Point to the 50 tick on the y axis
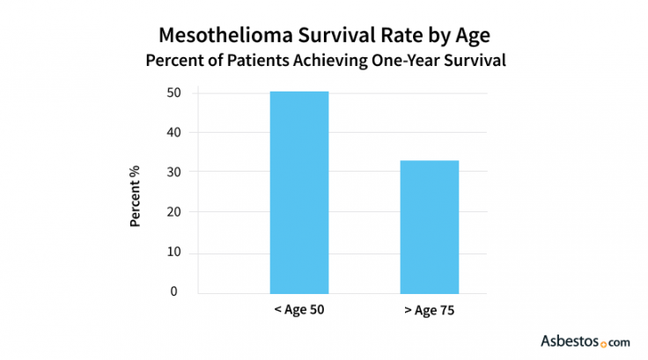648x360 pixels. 176,92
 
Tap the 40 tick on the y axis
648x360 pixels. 176,132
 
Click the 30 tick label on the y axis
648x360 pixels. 176,172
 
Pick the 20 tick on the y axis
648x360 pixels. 176,212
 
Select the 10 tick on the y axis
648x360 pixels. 176,253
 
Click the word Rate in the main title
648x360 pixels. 378,36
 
